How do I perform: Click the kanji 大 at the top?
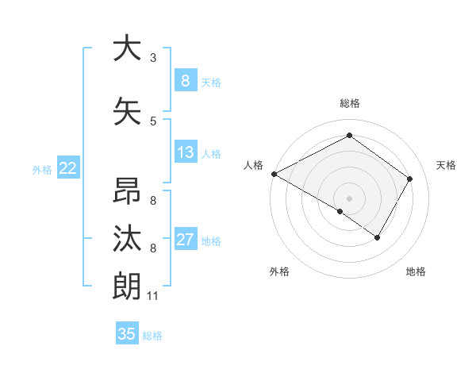pos(127,48)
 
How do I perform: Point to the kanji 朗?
pos(127,286)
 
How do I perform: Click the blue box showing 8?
pos(185,81)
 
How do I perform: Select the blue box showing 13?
pos(185,152)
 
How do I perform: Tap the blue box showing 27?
pos(185,240)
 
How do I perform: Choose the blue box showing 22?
pos(68,167)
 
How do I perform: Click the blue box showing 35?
pos(127,334)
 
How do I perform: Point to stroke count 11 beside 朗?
pos(153,296)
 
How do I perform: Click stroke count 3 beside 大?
pos(153,58)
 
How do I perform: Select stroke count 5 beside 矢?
pos(153,121)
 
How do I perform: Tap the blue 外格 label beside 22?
pos(42,168)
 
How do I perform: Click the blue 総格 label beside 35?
pos(152,335)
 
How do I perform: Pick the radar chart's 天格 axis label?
pos(446,165)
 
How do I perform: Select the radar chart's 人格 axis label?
pos(253,165)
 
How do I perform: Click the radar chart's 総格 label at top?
pos(349,103)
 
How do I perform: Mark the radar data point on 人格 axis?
pos(274,174)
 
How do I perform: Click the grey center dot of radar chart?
pos(349,198)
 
